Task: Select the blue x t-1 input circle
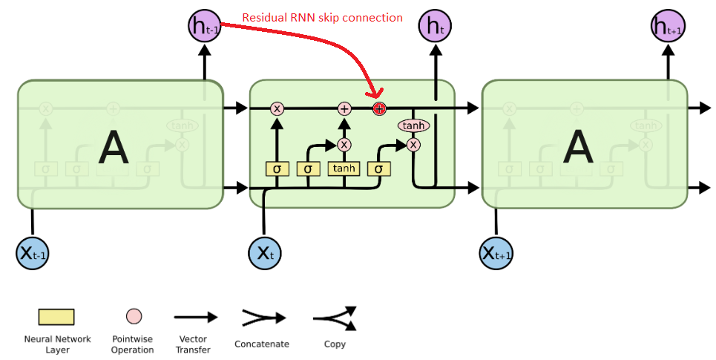[33, 253]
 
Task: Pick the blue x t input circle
[265, 253]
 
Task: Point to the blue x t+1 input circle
[496, 253]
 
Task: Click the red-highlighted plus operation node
[379, 108]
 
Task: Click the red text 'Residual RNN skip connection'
[323, 17]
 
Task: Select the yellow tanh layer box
[344, 169]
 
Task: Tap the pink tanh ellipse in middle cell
[414, 126]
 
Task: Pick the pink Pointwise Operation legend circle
[134, 317]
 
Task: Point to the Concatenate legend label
[261, 344]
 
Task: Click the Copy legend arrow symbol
[335, 318]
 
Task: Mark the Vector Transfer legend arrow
[195, 317]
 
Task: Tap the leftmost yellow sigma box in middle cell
[277, 169]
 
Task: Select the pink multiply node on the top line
[277, 108]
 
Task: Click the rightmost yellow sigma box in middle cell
[378, 169]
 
